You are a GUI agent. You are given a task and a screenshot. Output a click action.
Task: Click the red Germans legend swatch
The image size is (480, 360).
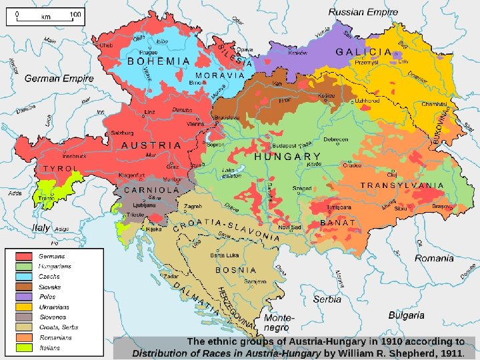[24, 256]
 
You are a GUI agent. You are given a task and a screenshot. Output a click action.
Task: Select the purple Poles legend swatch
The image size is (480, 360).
[24, 297]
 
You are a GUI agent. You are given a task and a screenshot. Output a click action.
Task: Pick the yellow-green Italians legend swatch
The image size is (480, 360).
[24, 347]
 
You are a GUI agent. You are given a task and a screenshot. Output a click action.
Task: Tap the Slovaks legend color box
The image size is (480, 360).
[24, 287]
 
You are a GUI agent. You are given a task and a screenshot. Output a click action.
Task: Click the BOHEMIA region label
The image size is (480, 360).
[159, 61]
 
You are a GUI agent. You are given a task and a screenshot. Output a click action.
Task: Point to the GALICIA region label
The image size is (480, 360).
[363, 52]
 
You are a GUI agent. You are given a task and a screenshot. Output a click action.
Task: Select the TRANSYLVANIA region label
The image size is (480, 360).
[402, 185]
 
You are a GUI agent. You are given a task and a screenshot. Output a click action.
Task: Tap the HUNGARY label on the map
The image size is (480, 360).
[287, 157]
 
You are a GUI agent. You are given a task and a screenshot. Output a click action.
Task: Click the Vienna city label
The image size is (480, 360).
[195, 124]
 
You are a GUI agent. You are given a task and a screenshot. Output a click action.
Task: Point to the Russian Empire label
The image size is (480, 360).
[363, 12]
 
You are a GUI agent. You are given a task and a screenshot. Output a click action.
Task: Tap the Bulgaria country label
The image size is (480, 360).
[407, 315]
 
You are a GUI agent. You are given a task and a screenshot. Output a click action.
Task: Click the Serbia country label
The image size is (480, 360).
[327, 299]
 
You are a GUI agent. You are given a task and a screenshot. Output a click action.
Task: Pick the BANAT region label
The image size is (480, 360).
[338, 222]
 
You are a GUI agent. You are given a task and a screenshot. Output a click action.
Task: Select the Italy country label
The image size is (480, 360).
[41, 227]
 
